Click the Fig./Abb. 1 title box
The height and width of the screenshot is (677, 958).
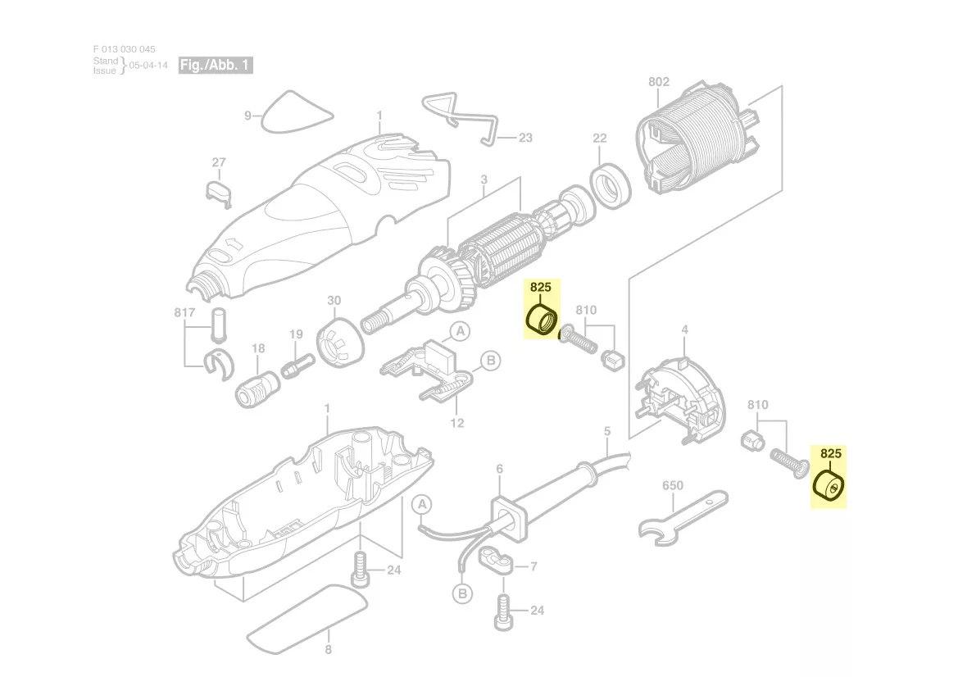click(x=216, y=66)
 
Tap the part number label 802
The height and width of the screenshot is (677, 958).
click(x=658, y=81)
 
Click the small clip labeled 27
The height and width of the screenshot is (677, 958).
click(x=218, y=189)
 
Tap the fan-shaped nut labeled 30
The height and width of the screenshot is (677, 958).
click(x=338, y=343)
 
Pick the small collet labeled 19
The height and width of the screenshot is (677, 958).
click(x=297, y=365)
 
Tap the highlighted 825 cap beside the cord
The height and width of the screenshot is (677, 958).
click(x=829, y=485)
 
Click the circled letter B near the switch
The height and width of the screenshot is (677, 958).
click(x=489, y=360)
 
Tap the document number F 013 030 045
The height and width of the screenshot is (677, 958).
click(x=124, y=49)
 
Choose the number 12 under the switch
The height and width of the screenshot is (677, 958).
click(x=457, y=423)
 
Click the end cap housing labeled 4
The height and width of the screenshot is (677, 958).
click(x=681, y=400)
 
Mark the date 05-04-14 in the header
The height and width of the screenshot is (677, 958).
click(x=148, y=66)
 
